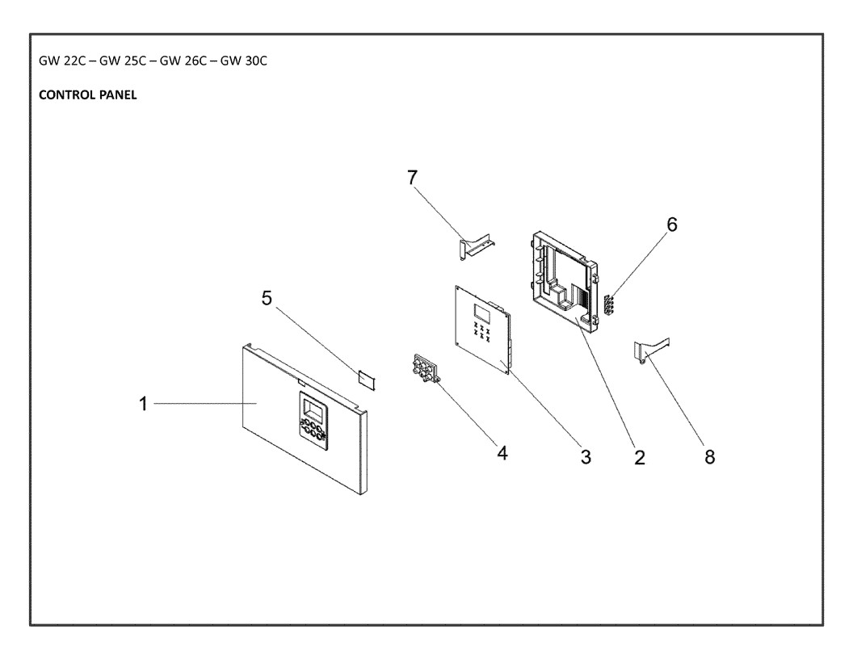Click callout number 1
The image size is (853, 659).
pyautogui.click(x=143, y=404)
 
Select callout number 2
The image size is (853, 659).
pyautogui.click(x=640, y=458)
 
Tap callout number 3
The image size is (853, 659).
pyautogui.click(x=586, y=457)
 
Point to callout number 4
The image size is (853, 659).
pyautogui.click(x=502, y=453)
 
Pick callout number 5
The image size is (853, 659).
pyautogui.click(x=267, y=298)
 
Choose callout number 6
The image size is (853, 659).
pyautogui.click(x=672, y=224)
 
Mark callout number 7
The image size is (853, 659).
pyautogui.click(x=412, y=177)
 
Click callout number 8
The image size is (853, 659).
pyautogui.click(x=709, y=457)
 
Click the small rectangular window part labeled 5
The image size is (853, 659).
pyautogui.click(x=367, y=380)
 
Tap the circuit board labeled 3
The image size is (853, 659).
pyautogui.click(x=484, y=329)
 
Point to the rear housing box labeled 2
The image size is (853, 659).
pyautogui.click(x=562, y=280)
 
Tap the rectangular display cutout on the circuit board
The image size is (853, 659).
pyautogui.click(x=481, y=312)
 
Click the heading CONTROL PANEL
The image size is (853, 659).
pyautogui.click(x=87, y=95)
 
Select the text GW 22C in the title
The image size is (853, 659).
pyautogui.click(x=62, y=61)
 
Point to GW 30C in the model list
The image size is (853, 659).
pyautogui.click(x=244, y=61)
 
